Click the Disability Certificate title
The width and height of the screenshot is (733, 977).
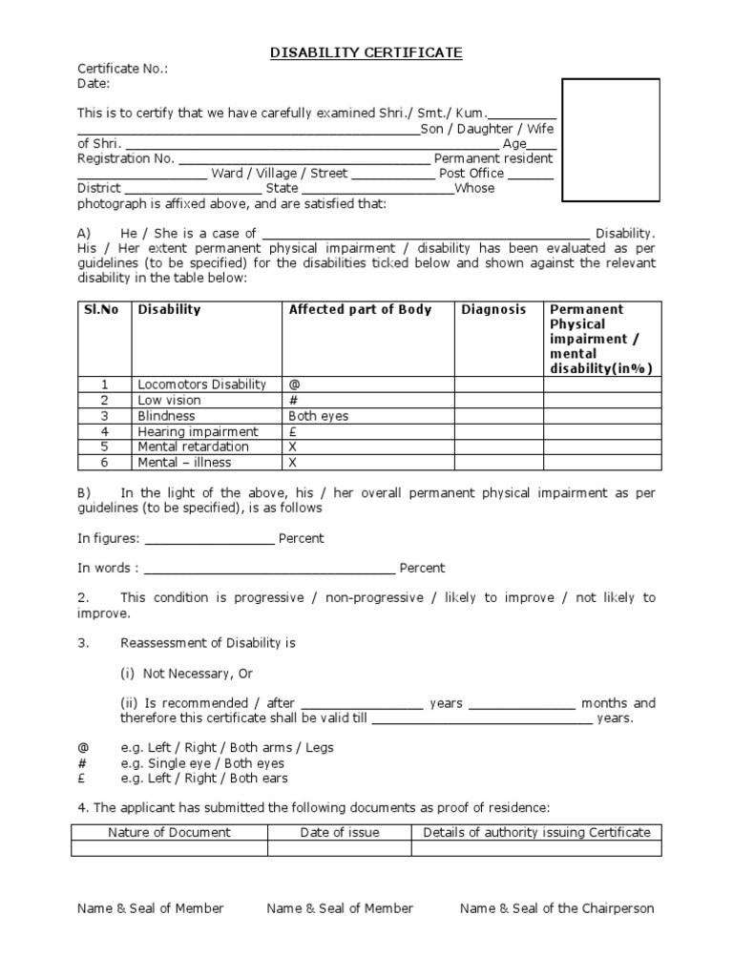(x=366, y=53)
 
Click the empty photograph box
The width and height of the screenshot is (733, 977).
(x=610, y=140)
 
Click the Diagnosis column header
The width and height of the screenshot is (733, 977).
(x=493, y=309)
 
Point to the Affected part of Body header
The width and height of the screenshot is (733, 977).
(x=360, y=309)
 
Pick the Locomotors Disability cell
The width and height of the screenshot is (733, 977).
(x=201, y=385)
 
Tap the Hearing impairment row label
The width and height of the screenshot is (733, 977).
(x=198, y=431)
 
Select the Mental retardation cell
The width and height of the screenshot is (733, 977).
(x=193, y=447)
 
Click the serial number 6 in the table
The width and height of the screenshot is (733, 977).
(x=105, y=463)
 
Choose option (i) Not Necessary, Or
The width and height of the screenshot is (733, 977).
(x=187, y=673)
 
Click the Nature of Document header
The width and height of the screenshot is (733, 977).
(x=169, y=832)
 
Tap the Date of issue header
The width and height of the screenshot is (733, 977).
(x=340, y=832)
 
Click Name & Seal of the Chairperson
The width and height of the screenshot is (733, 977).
(x=556, y=908)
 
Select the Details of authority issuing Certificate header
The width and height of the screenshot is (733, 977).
(x=536, y=832)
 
